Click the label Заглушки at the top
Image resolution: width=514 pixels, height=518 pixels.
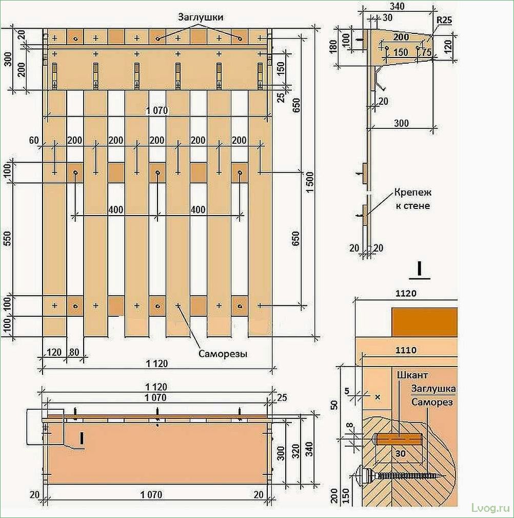click(201, 17)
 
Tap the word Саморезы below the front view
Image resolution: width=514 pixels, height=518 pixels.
click(223, 354)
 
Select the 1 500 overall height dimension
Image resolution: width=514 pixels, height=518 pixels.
click(310, 183)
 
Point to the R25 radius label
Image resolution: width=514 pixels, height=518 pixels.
click(444, 20)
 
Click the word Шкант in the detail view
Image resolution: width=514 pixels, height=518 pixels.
click(412, 375)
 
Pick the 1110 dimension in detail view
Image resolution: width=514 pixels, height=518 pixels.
click(406, 350)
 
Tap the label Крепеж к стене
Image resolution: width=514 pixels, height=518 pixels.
click(412, 199)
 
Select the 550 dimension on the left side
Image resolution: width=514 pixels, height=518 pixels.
click(7, 239)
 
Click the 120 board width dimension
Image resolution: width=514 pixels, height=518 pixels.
click(54, 352)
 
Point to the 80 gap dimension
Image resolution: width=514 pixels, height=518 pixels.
click(74, 352)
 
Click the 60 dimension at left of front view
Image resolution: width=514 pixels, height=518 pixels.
click(34, 140)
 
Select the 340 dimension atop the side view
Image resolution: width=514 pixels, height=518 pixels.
click(397, 6)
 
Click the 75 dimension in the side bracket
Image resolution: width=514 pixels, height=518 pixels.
click(426, 52)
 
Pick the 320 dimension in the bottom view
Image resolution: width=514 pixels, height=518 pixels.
click(296, 451)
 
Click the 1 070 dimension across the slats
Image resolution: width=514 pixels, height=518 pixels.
click(157, 110)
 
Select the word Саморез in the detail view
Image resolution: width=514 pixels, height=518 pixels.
click(432, 402)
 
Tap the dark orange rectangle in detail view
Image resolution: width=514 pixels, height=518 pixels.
click(425, 322)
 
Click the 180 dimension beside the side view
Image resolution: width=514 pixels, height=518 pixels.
click(333, 47)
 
